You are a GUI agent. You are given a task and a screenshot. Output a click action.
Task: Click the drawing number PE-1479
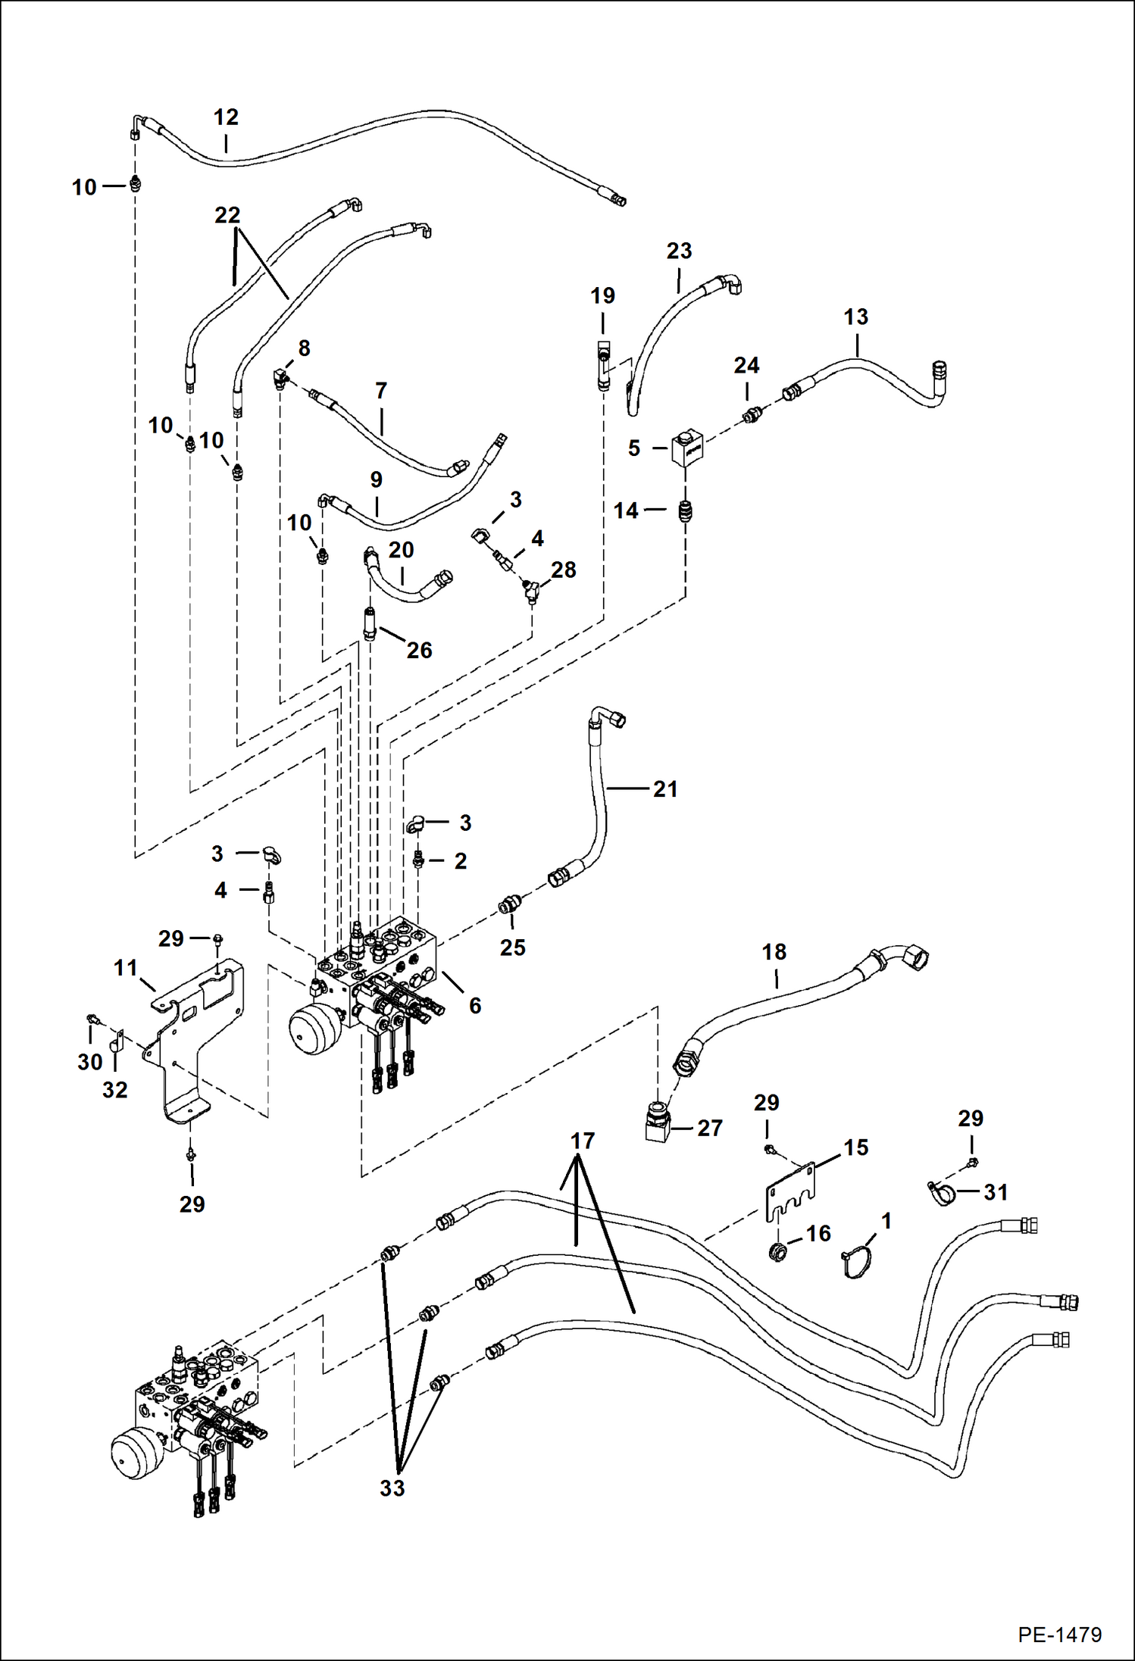click(1059, 1634)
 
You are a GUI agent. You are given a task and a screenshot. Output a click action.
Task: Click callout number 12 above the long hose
click(226, 117)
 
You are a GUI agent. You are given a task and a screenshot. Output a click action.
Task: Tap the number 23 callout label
click(679, 251)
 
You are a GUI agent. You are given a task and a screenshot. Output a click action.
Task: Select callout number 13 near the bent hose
click(855, 317)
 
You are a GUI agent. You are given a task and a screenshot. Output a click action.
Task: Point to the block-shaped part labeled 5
click(687, 448)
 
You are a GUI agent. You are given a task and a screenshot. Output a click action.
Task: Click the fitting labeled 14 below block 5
click(686, 512)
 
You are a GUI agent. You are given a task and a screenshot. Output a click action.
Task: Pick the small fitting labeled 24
click(751, 414)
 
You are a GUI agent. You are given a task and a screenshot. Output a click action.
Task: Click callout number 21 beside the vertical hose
click(664, 789)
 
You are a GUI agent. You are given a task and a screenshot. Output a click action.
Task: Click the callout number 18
click(774, 952)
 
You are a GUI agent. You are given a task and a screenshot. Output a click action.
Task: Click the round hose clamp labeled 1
click(857, 1260)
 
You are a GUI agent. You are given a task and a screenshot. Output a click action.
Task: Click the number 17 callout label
click(582, 1141)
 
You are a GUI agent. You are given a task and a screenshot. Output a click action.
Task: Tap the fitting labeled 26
click(370, 623)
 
